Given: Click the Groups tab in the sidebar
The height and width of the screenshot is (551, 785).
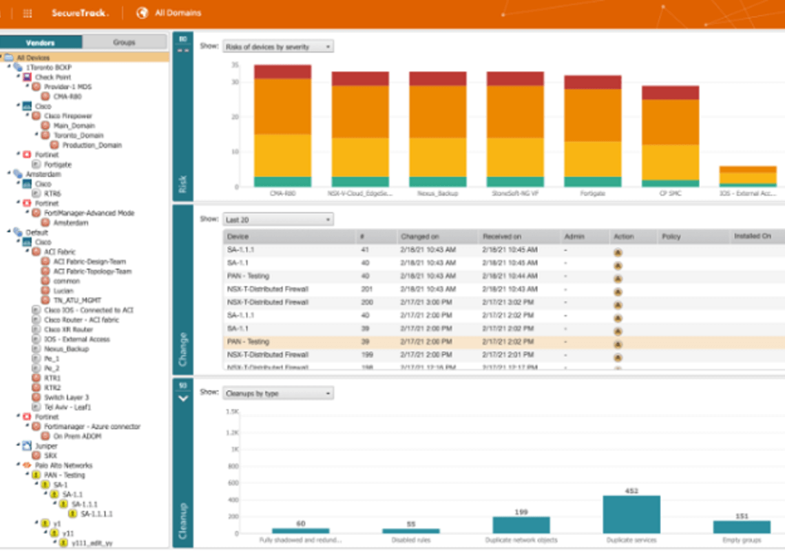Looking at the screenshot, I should point(124,42).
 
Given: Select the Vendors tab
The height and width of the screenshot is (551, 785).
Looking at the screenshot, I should point(40,42).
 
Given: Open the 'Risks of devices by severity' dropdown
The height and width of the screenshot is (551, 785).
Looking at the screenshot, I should point(278,47).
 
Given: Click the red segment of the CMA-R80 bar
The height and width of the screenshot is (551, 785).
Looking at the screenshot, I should point(282,72).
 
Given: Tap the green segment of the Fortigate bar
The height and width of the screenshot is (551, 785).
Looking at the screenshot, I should point(593,182).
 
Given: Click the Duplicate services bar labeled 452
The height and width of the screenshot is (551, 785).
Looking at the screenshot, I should point(631,514).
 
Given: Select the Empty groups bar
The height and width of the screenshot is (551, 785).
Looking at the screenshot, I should point(742,526).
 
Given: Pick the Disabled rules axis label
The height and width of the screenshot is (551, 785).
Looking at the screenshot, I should point(411,541).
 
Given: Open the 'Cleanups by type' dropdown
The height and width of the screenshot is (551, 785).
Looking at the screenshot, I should point(278,393).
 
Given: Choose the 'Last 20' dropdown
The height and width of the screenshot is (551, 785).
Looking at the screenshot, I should point(278,220).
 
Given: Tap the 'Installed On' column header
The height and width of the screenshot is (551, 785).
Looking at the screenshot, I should point(757,236).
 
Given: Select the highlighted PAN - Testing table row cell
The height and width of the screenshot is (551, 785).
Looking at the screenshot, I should point(248,342).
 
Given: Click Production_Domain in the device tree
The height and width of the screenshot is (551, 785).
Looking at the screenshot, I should point(92,145).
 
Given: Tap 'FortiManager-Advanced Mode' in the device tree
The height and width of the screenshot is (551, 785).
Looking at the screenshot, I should point(89,213).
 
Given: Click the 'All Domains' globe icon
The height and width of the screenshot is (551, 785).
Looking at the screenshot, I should point(143,12).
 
